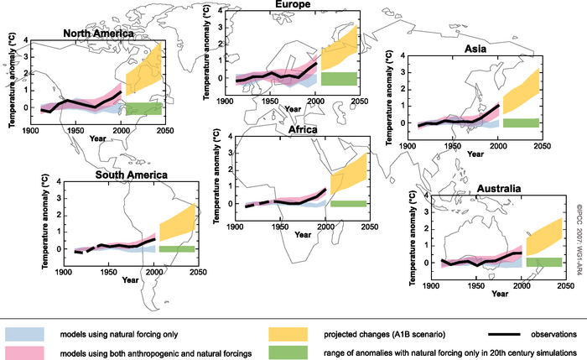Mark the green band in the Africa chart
(x=349, y=203)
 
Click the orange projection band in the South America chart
(x=177, y=224)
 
